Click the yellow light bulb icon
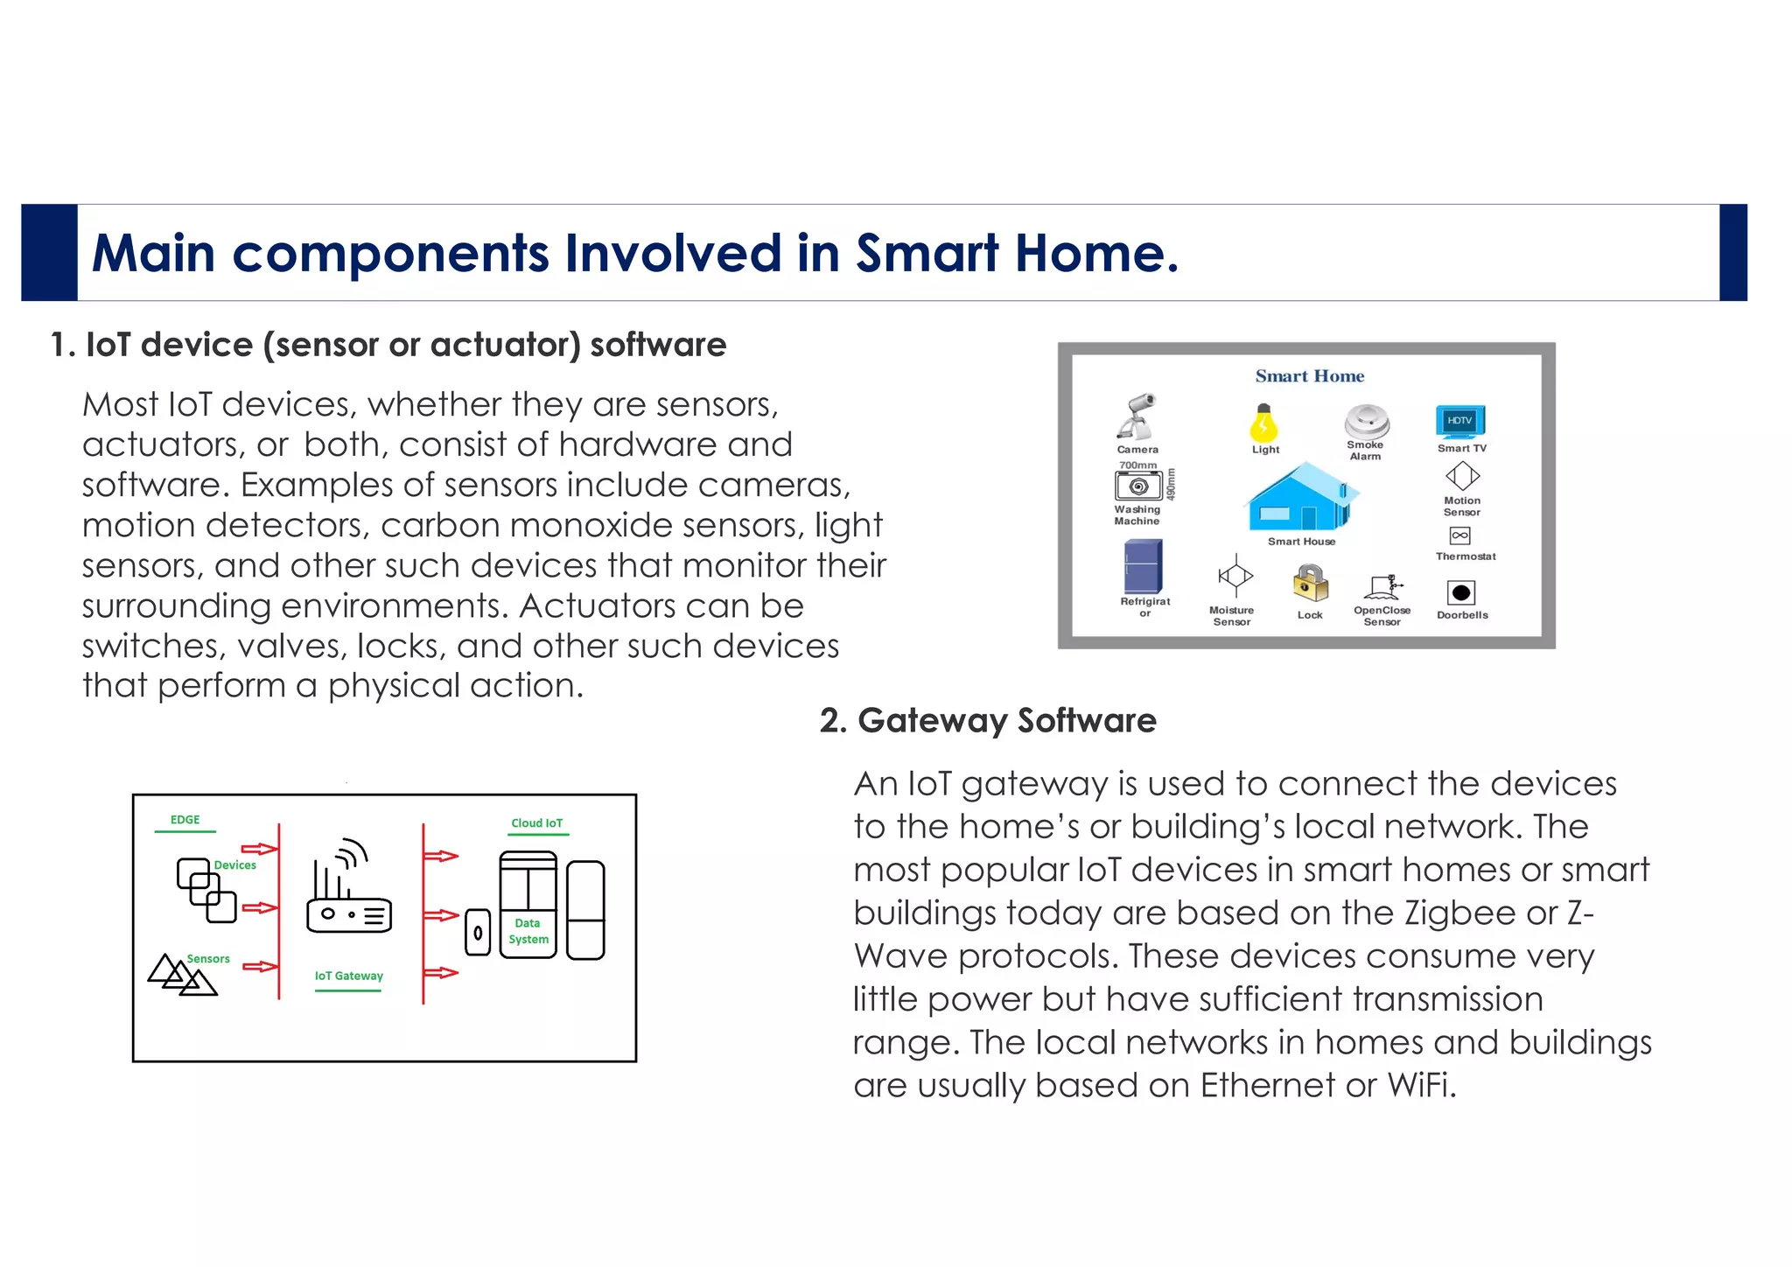click(1263, 423)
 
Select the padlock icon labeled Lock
click(1310, 583)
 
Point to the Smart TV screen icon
click(1459, 421)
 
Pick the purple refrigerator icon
click(1143, 566)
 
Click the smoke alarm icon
click(1366, 421)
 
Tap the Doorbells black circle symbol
click(1460, 593)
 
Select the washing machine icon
click(1137, 486)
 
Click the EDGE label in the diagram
click(185, 820)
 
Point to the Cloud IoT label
click(536, 823)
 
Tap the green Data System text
click(528, 931)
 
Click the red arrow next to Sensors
click(260, 967)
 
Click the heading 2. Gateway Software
click(988, 721)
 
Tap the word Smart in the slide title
click(927, 254)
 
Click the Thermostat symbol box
click(1459, 535)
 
